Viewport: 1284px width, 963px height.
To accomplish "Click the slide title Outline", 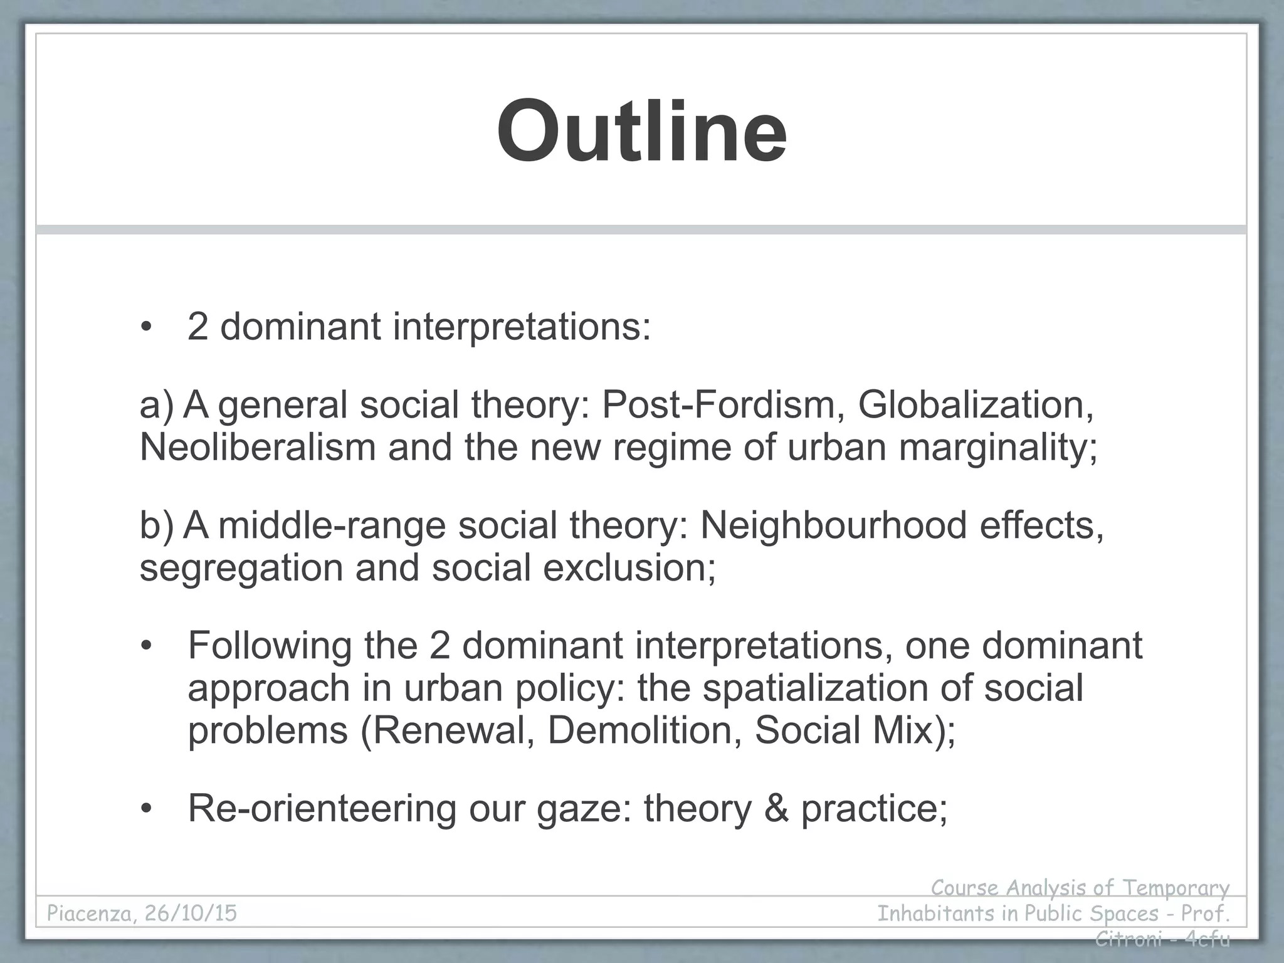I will click(x=641, y=132).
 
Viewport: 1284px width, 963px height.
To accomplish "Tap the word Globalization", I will click(x=976, y=405).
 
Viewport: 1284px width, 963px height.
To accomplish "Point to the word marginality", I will click(x=997, y=448).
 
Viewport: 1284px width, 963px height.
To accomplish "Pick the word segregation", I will click(x=241, y=568).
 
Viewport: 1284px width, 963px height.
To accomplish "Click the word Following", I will click(x=270, y=646).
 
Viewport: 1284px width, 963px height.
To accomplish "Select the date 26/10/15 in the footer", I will click(x=191, y=913).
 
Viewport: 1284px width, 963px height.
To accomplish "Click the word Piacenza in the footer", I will click(x=91, y=913).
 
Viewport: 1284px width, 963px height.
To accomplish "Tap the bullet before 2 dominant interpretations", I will click(x=147, y=329).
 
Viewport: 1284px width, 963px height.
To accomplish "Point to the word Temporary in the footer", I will click(x=1175, y=888).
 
